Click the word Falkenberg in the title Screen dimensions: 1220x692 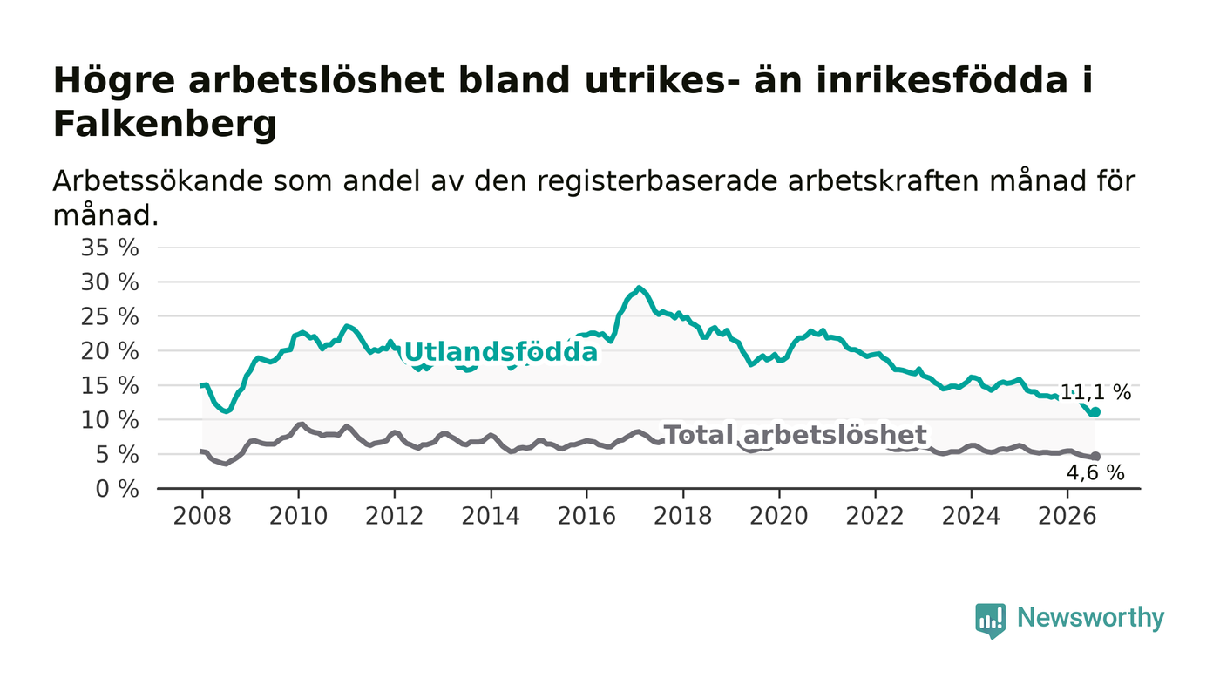pos(165,125)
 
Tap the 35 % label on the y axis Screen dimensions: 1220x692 pos(110,248)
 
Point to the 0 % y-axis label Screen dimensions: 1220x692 pos(117,489)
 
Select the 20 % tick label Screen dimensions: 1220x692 pos(110,351)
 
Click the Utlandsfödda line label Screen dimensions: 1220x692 pos(501,352)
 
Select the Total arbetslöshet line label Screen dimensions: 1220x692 pos(796,435)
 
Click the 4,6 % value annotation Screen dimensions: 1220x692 pos(1095,473)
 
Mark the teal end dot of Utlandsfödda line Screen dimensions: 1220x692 pos(1095,412)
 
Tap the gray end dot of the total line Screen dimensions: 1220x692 pos(1095,456)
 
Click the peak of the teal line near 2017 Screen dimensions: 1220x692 pos(639,287)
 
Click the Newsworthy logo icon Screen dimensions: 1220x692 pos(991,620)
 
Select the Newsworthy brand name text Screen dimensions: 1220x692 pos(1090,618)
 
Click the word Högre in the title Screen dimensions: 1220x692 pos(114,82)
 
